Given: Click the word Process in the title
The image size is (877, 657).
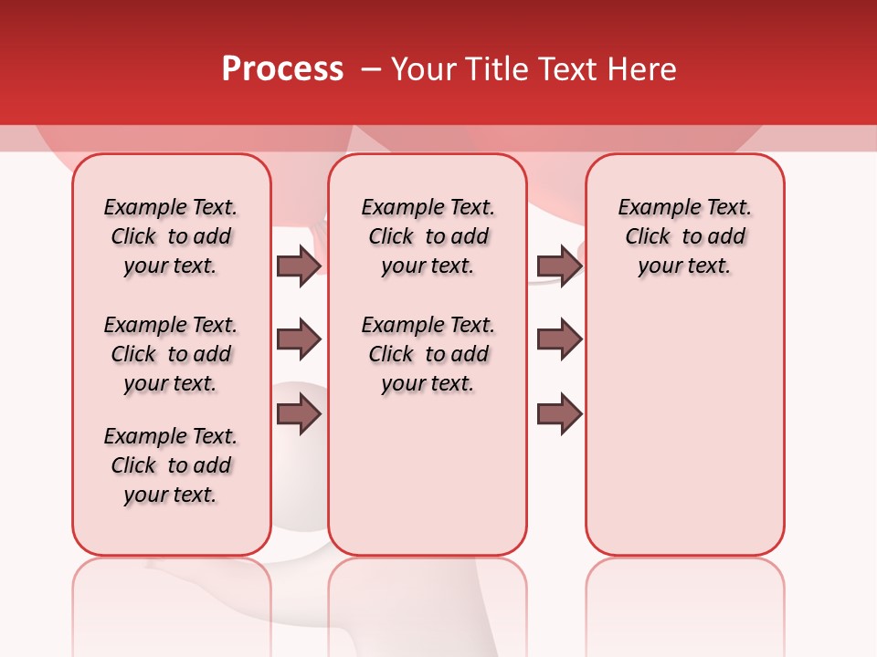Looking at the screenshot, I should pos(282,68).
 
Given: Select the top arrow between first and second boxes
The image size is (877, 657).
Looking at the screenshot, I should pos(299,266).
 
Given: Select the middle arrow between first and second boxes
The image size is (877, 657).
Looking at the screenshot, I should pos(299,340).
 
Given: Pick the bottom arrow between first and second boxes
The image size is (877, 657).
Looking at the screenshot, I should pos(299,415).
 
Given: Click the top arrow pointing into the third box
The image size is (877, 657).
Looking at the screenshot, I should pos(559,266).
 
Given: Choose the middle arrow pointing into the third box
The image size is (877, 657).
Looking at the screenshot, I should pos(559,339).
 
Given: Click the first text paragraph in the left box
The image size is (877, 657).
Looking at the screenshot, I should pos(171,236).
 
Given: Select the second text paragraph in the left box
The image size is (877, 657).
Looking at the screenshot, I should pos(171,354).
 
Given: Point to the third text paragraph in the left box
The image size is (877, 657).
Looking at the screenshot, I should pos(171,465).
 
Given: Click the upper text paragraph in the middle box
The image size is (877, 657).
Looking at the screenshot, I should pos(428,236).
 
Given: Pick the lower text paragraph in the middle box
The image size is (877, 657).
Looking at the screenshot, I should pos(428,354).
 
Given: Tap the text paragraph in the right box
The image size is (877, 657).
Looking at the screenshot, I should pos(684,236).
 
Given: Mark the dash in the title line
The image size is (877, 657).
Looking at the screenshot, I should pos(371,69).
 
